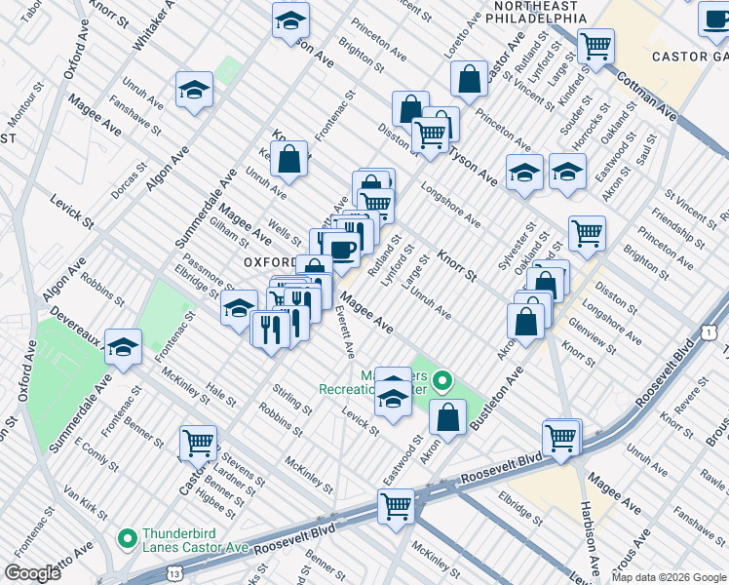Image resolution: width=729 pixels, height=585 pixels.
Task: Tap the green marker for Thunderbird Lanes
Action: (127, 537)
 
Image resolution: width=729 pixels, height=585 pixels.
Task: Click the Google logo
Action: (33, 573)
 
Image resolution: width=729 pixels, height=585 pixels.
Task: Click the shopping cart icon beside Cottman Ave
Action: (595, 45)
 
